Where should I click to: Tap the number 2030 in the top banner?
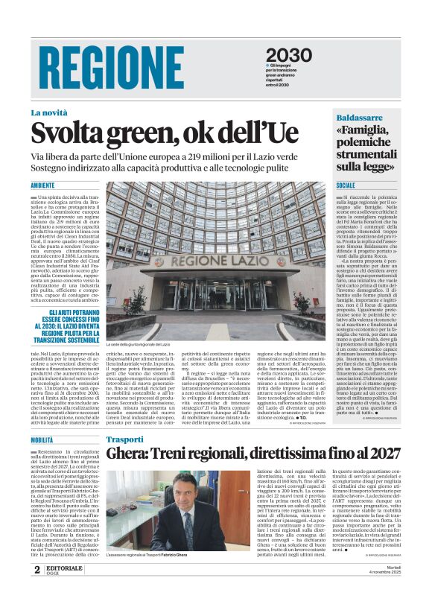coord(288,55)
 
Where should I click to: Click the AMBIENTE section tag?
coord(42,186)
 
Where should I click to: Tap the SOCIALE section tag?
coord(346,185)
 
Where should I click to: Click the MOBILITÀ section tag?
coord(42,440)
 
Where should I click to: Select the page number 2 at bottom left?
coord(36,590)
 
